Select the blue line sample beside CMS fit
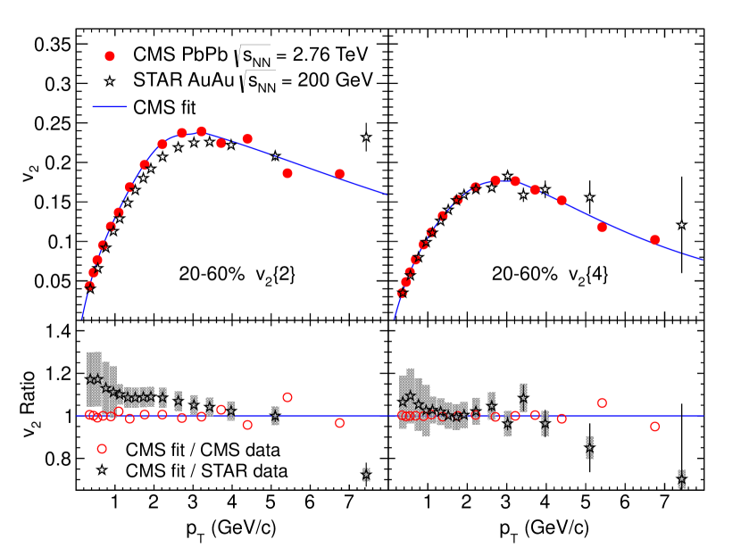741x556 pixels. point(109,108)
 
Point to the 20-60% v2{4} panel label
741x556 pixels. point(550,278)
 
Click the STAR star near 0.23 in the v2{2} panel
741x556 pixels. point(366,137)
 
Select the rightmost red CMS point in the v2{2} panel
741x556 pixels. point(339,174)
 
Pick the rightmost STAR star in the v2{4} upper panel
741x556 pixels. point(682,225)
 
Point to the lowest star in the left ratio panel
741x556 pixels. point(366,474)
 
